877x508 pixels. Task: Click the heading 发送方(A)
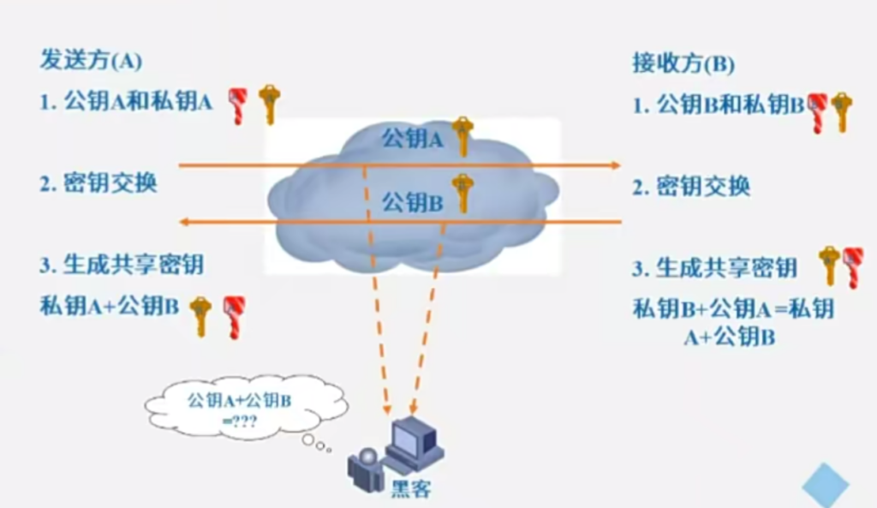coord(91,62)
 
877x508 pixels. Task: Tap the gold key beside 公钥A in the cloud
coord(463,134)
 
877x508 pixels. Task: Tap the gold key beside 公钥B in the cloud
coord(462,193)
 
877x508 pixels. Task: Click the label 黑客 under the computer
coord(412,489)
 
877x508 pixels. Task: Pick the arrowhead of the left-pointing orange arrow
coord(183,223)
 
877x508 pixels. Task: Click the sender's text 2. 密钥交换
coord(98,182)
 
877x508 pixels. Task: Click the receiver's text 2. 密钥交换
coord(691,187)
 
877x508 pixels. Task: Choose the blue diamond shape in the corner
coord(826,484)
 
